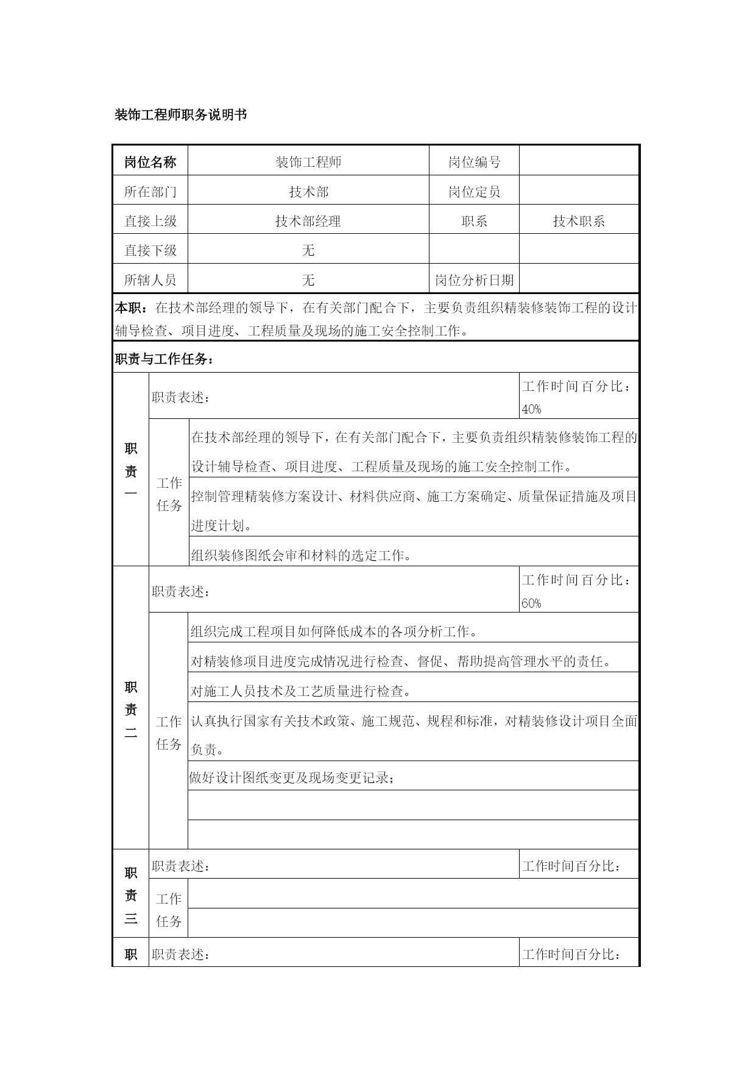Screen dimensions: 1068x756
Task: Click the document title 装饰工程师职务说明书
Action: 181,115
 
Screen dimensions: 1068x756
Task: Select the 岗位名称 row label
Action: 150,162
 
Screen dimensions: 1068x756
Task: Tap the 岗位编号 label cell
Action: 474,162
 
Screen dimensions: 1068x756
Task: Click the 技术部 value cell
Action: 308,192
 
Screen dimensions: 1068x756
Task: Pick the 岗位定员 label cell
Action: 474,192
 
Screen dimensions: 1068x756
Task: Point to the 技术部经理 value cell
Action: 308,221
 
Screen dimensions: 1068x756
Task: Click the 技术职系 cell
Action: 579,221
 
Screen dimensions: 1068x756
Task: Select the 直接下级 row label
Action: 150,250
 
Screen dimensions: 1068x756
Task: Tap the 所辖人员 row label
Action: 150,280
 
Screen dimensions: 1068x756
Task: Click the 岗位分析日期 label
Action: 474,280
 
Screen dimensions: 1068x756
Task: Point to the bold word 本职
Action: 129,308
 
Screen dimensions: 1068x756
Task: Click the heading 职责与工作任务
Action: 164,360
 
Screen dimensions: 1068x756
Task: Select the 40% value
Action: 531,410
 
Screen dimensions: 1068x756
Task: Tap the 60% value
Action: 531,603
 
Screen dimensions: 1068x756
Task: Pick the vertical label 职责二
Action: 131,710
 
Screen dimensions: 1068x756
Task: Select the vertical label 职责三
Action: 131,895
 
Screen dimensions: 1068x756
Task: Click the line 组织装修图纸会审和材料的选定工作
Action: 302,555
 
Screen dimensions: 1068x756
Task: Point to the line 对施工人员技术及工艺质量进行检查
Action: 301,691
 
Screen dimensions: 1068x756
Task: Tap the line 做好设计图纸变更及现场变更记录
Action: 292,778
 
